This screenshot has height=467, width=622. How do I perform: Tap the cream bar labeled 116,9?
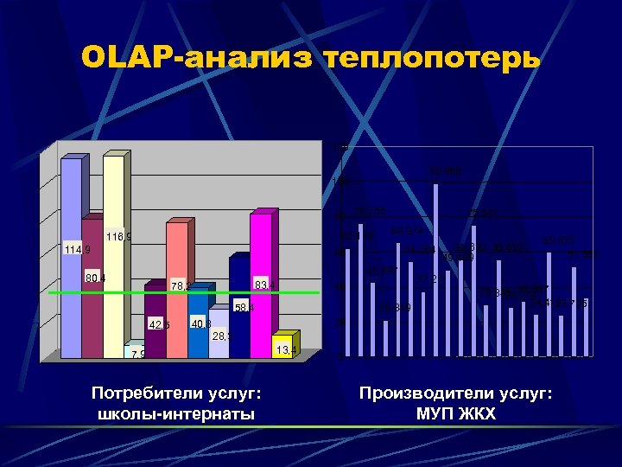tap(114, 259)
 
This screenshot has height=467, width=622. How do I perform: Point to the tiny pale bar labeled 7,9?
tap(135, 351)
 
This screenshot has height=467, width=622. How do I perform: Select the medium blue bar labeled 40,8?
tap(199, 324)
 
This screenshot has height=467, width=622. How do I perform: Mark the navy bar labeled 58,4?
tap(239, 307)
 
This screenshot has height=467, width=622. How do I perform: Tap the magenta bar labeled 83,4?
tap(261, 285)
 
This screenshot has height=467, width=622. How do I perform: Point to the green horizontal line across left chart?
tap(52, 294)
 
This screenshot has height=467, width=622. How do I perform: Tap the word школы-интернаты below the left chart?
tap(176, 414)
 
